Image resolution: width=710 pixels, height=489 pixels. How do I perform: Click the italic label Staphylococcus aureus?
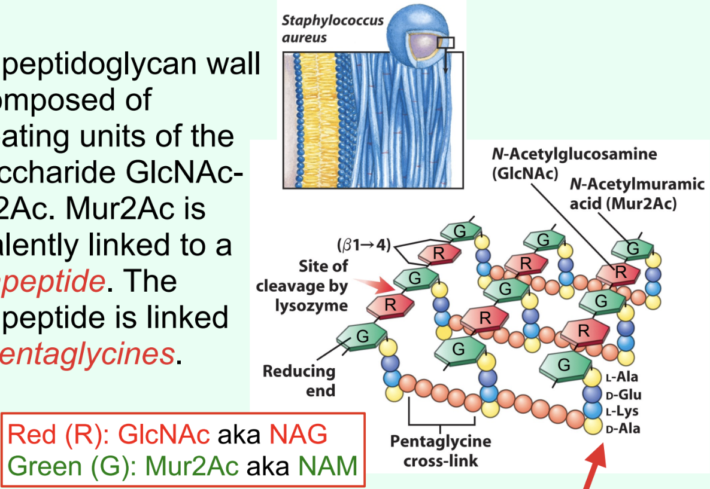tap(333, 29)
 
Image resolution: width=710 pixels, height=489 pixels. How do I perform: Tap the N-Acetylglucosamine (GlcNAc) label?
tap(574, 163)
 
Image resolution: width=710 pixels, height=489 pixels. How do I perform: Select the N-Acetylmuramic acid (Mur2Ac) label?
tap(637, 194)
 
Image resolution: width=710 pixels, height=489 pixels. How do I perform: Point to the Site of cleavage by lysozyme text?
tap(302, 286)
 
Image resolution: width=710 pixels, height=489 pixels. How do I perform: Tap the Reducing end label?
tap(299, 380)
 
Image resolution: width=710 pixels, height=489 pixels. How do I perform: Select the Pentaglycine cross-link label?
tap(441, 451)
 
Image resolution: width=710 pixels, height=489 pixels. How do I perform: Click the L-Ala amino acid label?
tap(622, 377)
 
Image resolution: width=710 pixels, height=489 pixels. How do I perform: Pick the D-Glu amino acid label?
tap(623, 395)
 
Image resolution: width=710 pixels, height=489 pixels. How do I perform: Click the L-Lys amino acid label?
tap(622, 411)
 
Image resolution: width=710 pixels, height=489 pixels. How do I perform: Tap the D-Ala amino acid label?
tap(622, 428)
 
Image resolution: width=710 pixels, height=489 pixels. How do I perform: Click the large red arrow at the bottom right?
tap(596, 469)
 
